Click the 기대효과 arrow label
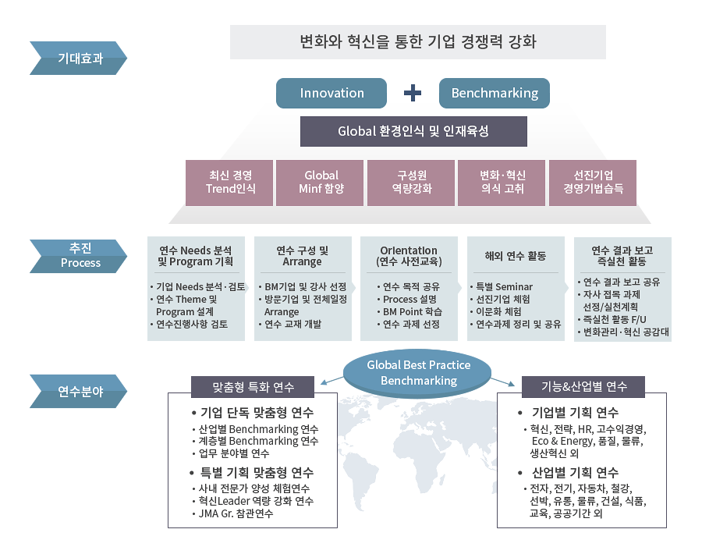pyautogui.click(x=78, y=59)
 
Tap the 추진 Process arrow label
pyautogui.click(x=78, y=256)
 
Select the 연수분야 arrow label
pyautogui.click(x=78, y=392)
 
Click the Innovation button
pyautogui.click(x=331, y=93)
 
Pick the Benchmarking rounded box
pyautogui.click(x=495, y=93)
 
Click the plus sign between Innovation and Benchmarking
pyautogui.click(x=413, y=93)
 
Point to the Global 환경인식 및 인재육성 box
pyautogui.click(x=413, y=132)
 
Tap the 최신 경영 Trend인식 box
pyautogui.click(x=229, y=183)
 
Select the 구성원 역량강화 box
pyautogui.click(x=411, y=183)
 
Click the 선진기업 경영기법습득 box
pyautogui.click(x=593, y=183)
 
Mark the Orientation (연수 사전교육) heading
pyautogui.click(x=409, y=256)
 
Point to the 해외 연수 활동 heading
pyautogui.click(x=516, y=256)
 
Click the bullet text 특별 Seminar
pyautogui.click(x=502, y=286)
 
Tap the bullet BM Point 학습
pyautogui.click(x=409, y=311)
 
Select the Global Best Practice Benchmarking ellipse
pyautogui.click(x=417, y=373)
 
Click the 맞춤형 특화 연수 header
pyautogui.click(x=253, y=387)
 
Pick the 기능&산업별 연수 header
pyautogui.click(x=583, y=386)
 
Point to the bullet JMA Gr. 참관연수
pyautogui.click(x=232, y=513)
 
